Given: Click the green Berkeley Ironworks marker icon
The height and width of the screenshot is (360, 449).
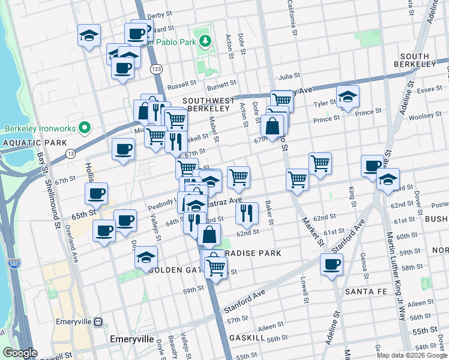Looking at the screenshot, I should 85,128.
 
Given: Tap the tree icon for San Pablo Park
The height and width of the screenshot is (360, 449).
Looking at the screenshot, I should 206,41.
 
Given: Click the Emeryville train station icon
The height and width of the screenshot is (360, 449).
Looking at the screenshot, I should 98,321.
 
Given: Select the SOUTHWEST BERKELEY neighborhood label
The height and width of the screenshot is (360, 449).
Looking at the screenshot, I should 207,104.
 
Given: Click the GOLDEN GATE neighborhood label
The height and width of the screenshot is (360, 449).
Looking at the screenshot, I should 175,270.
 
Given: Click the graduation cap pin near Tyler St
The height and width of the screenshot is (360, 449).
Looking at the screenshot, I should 347,96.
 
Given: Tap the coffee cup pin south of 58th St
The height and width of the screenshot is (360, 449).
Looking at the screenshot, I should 331,264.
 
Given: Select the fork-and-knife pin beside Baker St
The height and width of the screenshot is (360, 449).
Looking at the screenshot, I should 247,212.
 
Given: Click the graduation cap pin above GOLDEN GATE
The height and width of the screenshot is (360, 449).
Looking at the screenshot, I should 146,257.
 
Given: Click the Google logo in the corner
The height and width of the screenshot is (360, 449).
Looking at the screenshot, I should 19,353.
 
